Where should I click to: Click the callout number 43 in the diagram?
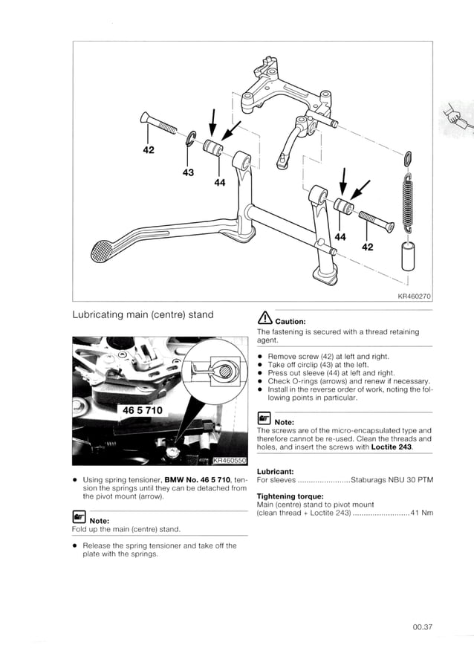pyautogui.click(x=188, y=172)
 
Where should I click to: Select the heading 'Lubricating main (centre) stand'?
pyautogui.click(x=143, y=314)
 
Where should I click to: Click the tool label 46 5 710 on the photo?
pyautogui.click(x=146, y=409)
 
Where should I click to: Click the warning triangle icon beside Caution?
pyautogui.click(x=264, y=314)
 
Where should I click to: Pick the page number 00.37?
pyautogui.click(x=423, y=627)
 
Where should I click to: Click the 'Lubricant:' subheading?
pyautogui.click(x=277, y=471)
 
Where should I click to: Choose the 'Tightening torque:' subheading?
pyautogui.click(x=290, y=496)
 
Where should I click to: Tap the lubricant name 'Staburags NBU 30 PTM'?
pyautogui.click(x=392, y=479)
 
